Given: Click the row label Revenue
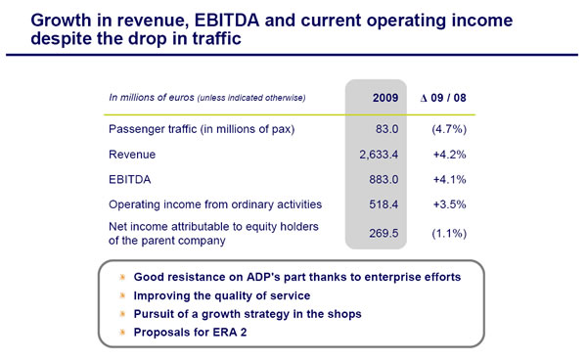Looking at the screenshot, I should [x=132, y=156].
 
